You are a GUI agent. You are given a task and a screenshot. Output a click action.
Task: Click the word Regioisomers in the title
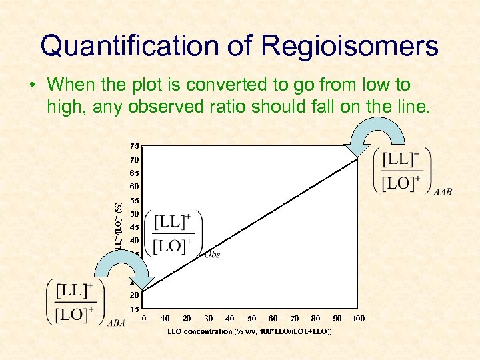[x=350, y=46]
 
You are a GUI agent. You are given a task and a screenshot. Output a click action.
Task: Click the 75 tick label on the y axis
[x=135, y=146]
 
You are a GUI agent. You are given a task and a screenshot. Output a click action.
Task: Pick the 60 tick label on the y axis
[x=135, y=187]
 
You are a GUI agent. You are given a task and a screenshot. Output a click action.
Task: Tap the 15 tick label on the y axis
[x=135, y=309]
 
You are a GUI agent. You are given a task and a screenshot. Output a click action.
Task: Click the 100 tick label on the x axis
[x=359, y=319]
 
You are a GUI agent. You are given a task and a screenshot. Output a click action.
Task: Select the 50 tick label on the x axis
[x=251, y=319]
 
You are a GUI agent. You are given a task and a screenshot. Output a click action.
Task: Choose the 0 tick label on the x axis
[x=145, y=319]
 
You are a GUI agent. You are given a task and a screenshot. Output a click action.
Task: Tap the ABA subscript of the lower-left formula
[x=115, y=324]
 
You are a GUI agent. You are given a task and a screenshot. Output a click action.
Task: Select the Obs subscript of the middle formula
[x=212, y=254]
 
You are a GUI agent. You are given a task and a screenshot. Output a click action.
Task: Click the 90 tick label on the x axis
[x=337, y=319]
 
